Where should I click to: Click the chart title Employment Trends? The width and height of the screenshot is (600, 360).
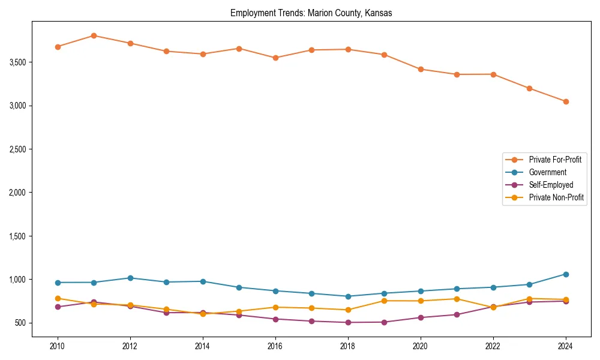point(311,13)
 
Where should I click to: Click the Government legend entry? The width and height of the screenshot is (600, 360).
point(547,172)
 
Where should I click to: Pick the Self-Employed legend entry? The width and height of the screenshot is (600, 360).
point(551,185)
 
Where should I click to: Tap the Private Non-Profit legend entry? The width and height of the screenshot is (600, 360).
point(556,197)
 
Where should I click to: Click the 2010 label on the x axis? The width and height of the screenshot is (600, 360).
point(58,346)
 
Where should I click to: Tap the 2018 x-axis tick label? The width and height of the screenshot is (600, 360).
point(348,346)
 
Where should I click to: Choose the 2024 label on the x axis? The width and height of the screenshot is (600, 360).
point(565,346)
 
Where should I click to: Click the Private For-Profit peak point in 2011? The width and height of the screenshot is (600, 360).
point(94,35)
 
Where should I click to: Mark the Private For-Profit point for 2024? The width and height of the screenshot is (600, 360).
point(565,101)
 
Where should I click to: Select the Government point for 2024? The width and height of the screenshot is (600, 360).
point(565,274)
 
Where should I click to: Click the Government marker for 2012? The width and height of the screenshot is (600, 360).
point(130,278)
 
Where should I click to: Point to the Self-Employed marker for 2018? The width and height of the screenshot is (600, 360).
point(348,322)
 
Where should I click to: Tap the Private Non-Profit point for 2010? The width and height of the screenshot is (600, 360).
point(58,298)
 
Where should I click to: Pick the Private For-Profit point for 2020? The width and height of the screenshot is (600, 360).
point(421,69)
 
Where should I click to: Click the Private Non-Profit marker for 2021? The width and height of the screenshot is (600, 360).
point(457,299)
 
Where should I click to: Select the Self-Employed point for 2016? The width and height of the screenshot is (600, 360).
point(275,319)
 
